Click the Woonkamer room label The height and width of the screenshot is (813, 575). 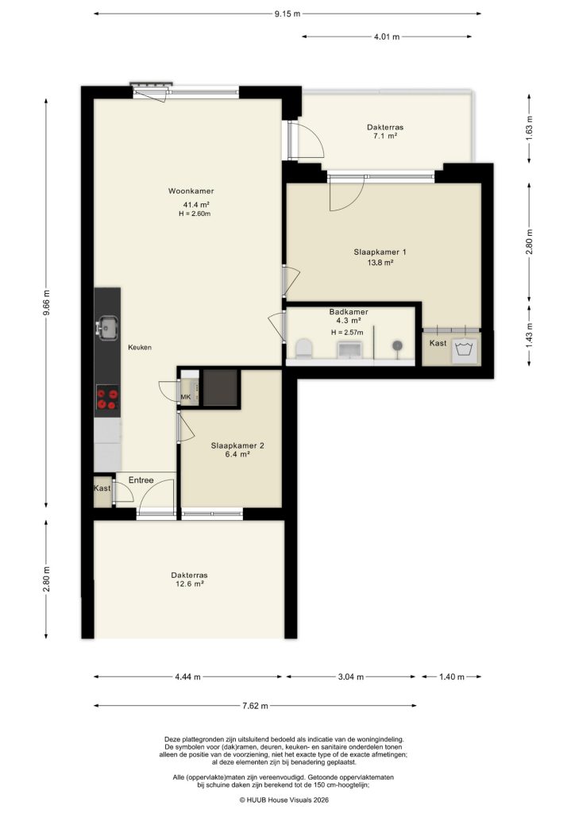[191, 191]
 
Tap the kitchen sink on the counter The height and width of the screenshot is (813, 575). [107, 326]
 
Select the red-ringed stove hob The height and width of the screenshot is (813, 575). [107, 398]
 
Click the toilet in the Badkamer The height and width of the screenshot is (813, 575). [302, 348]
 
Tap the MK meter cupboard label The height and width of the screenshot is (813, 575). [186, 397]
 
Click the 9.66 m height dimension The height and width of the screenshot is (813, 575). [47, 302]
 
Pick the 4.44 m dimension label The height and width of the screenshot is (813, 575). [187, 677]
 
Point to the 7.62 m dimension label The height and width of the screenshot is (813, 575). [256, 706]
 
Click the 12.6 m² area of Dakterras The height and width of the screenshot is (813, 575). [189, 584]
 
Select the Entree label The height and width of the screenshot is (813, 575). [141, 480]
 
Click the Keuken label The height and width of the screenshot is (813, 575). [140, 348]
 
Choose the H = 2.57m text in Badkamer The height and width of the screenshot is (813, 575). [346, 332]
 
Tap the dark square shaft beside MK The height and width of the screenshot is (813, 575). [218, 387]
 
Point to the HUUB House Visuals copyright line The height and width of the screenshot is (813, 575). [284, 800]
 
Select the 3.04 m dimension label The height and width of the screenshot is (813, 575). [349, 677]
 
